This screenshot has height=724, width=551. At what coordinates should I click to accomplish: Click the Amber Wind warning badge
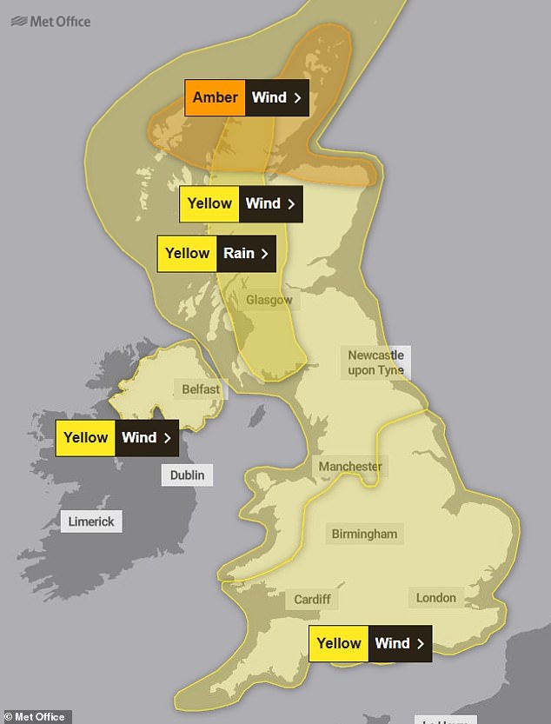[x=248, y=97]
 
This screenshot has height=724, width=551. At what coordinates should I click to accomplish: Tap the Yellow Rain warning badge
[x=216, y=254]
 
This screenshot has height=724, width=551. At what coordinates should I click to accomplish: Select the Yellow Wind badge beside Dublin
[x=116, y=438]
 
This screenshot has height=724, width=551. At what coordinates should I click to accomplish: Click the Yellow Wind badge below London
[x=370, y=644]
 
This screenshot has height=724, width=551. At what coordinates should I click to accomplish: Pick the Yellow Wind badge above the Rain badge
[x=241, y=203]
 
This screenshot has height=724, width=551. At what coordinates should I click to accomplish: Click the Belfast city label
[x=201, y=389]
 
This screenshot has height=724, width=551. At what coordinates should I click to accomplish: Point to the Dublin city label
[x=187, y=475]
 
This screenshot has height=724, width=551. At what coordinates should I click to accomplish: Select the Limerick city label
[x=91, y=521]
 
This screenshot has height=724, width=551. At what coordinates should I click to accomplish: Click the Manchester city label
[x=349, y=467]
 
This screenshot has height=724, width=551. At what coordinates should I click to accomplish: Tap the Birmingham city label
[x=364, y=534]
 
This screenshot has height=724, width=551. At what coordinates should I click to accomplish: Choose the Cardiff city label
[x=311, y=599]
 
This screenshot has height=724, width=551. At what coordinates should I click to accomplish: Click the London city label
[x=435, y=597]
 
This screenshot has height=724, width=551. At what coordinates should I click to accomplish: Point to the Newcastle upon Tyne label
[x=375, y=362]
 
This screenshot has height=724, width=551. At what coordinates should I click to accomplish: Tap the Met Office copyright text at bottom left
[x=35, y=717]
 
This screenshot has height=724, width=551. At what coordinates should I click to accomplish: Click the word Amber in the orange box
[x=215, y=97]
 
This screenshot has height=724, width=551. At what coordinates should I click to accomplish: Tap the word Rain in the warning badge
[x=239, y=254]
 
